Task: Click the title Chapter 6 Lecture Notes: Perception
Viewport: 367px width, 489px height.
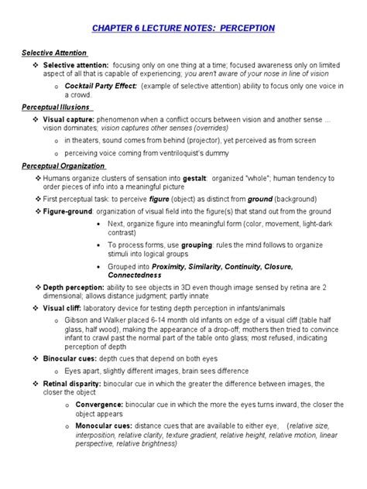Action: [183, 28]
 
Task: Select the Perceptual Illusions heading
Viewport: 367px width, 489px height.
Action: [57, 108]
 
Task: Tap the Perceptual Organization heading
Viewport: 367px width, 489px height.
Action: [63, 166]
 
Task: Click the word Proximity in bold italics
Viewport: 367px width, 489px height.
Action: [175, 265]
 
